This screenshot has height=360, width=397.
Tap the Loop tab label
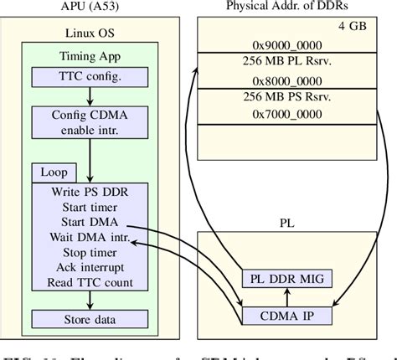coord(49,172)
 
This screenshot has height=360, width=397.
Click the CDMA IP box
coord(286,316)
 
